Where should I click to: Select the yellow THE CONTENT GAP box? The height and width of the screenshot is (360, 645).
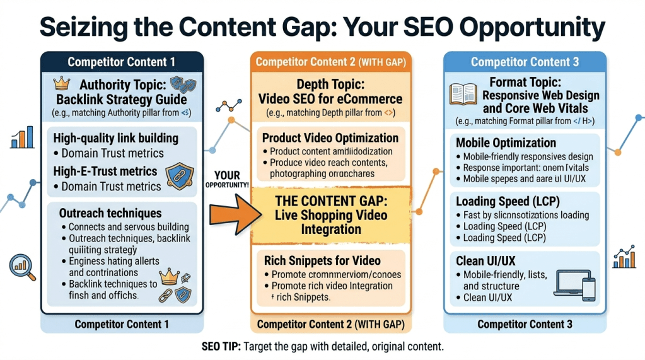(x=331, y=215)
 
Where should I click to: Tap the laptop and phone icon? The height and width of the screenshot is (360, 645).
(x=574, y=286)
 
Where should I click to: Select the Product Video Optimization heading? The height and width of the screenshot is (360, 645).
(x=330, y=138)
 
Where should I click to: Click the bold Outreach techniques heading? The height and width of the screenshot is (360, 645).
(x=110, y=213)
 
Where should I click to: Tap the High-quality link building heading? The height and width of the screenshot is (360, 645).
(x=115, y=138)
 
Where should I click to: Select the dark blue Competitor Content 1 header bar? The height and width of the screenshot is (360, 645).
(x=122, y=62)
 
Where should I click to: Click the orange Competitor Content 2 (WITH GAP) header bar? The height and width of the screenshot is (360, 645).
(x=331, y=62)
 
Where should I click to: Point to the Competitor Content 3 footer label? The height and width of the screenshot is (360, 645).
(x=525, y=324)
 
